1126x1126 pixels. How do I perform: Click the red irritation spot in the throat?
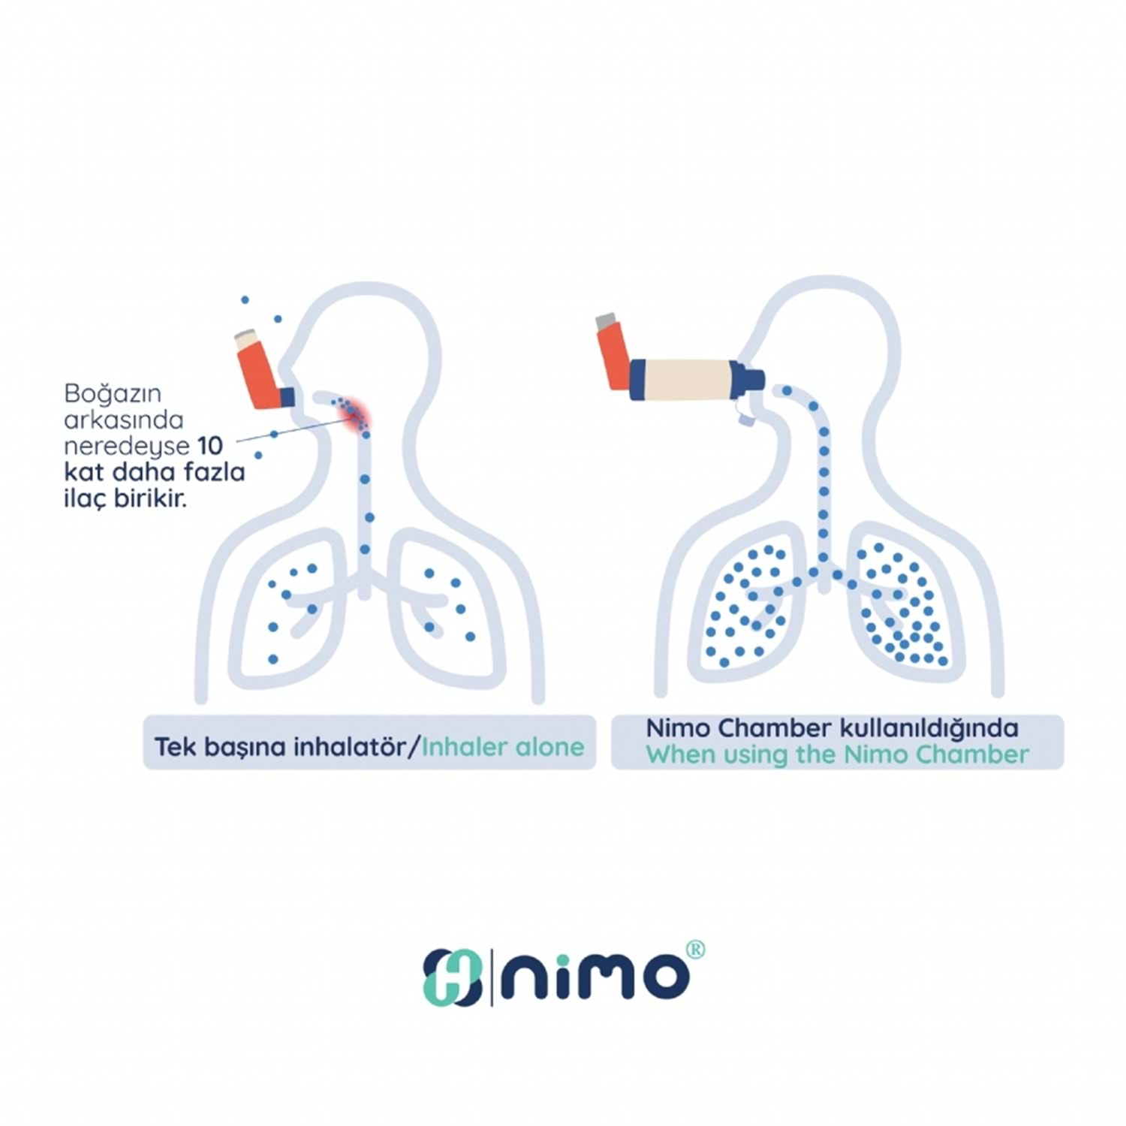coord(354,414)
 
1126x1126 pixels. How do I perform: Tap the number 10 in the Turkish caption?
coord(210,446)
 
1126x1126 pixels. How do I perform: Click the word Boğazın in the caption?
coord(113,393)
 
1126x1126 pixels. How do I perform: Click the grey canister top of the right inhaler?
coord(606,322)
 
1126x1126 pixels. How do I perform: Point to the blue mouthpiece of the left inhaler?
coord(288,397)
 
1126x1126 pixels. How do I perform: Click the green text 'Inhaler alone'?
coord(502,747)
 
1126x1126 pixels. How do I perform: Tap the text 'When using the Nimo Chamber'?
coord(837,754)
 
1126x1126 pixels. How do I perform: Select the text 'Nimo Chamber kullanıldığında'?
coord(832,728)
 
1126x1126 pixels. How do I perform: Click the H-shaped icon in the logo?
coord(452,977)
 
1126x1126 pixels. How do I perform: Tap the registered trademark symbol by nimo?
coord(696,950)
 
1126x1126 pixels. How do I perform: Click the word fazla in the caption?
coord(217,472)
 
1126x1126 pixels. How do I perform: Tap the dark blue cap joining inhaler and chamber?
coord(639,380)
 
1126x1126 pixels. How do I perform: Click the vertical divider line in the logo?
coord(491,977)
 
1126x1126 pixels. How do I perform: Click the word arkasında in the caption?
coord(124,420)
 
